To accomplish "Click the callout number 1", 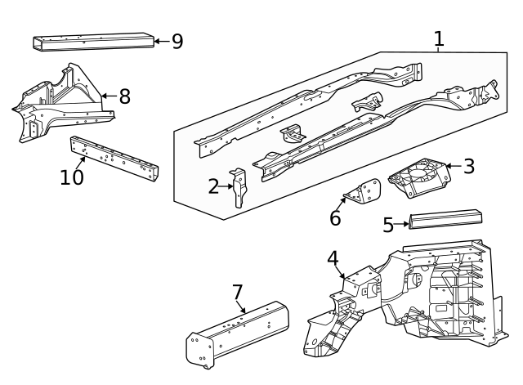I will (439, 38).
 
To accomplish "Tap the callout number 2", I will (213, 187).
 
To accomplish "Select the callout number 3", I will (468, 166).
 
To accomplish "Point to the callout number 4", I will (333, 258).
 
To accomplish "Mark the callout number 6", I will (335, 218).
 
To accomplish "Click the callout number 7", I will (238, 292).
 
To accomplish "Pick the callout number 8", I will (124, 96).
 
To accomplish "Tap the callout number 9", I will (177, 41).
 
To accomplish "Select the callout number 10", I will (72, 177).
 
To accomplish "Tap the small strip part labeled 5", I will (445, 219).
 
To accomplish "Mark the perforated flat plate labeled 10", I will (114, 159).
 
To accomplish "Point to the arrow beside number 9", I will (161, 40).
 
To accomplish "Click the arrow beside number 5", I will (401, 222).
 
